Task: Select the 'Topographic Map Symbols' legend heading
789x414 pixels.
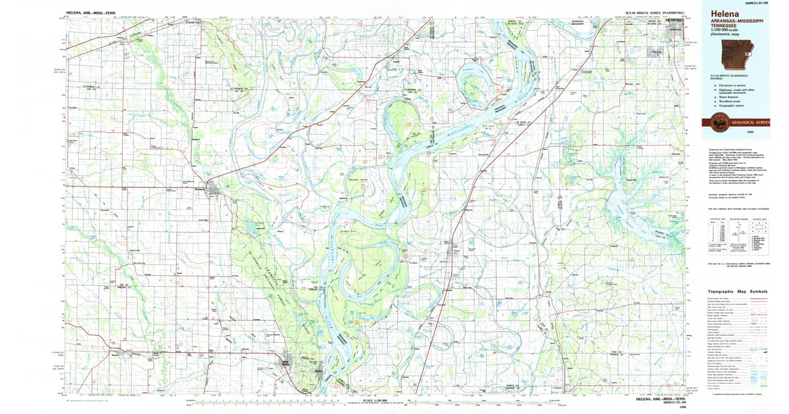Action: [x=737, y=291]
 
